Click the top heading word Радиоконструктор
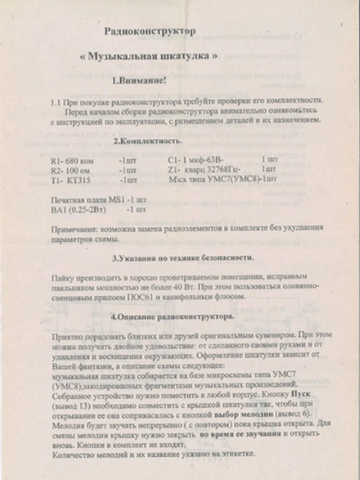(151, 30)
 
